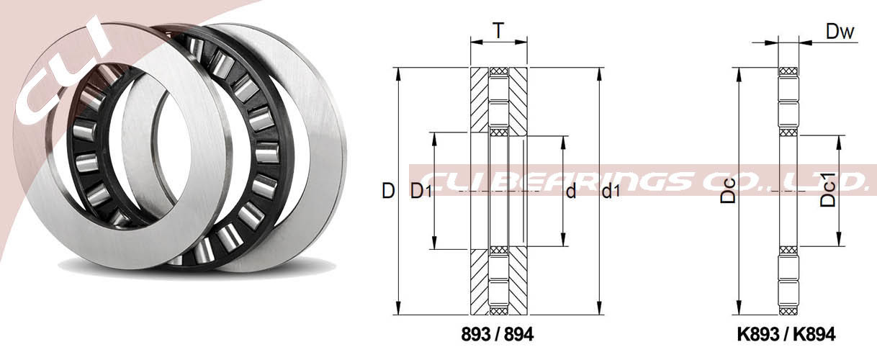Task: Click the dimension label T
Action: click(498, 30)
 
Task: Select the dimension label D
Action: click(388, 191)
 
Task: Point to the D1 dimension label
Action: click(420, 191)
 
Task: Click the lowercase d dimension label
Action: click(571, 191)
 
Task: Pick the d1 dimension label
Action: click(611, 191)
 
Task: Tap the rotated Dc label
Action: click(728, 191)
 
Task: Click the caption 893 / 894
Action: click(498, 334)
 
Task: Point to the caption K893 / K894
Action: click(786, 334)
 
